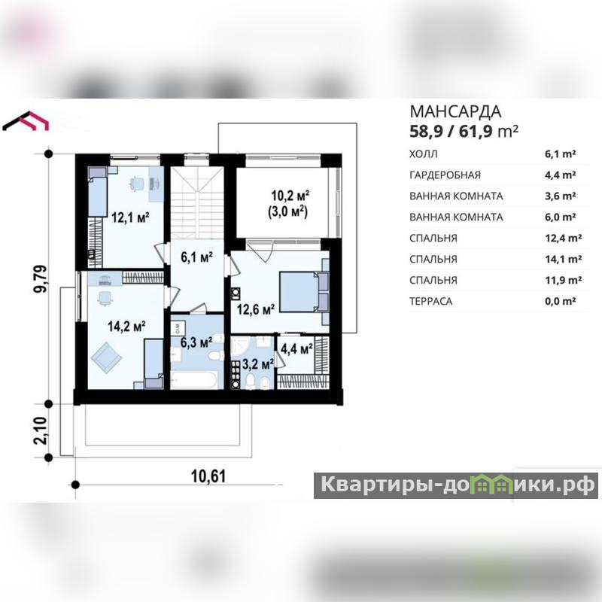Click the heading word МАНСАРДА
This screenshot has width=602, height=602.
[x=455, y=111]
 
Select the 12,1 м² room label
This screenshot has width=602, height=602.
[x=130, y=217]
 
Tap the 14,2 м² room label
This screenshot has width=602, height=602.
[x=126, y=327]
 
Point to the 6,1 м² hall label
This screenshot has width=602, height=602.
[x=197, y=257]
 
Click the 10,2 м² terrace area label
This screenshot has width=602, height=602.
[x=290, y=196]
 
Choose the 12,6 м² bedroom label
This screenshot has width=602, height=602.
[x=256, y=309]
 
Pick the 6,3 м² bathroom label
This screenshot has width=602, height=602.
[x=196, y=342]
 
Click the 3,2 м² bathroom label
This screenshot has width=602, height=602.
[x=258, y=364]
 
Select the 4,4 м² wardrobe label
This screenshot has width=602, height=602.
[x=296, y=348]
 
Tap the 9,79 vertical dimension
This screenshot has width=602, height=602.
[x=41, y=278]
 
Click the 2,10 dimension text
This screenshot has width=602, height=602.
[x=41, y=430]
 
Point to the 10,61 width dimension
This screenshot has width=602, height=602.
[x=208, y=476]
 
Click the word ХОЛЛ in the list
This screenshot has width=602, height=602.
[x=423, y=154]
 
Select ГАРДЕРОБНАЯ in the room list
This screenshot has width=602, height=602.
[x=445, y=175]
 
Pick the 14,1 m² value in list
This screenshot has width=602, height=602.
[x=563, y=259]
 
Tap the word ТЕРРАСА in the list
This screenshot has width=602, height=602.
[x=430, y=302]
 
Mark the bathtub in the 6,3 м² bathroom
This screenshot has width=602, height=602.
[x=194, y=380]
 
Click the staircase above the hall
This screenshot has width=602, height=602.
[x=197, y=202]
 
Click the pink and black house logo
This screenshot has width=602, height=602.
[x=26, y=120]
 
